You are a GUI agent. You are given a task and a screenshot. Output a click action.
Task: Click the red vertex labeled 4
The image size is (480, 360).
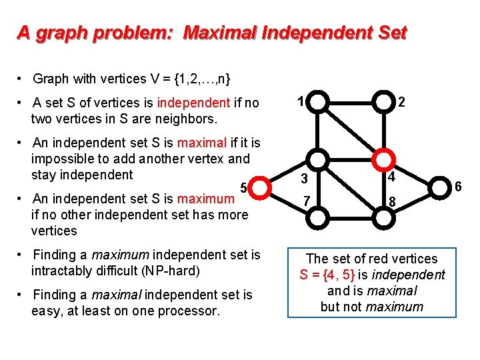coord(383,159)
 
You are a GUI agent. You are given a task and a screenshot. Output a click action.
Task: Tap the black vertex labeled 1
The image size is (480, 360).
coord(319,102)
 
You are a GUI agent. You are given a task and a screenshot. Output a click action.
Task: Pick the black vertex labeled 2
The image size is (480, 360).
coord(383,102)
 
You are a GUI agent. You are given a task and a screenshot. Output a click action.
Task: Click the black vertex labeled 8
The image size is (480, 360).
coord(383,217)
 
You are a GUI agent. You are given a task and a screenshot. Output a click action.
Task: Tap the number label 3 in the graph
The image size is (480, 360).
coord(303,179)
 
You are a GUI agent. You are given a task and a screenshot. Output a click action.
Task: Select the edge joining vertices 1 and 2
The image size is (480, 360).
coord(351,102)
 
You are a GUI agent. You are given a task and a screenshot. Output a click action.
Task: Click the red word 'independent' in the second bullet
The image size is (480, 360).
coord(193,103)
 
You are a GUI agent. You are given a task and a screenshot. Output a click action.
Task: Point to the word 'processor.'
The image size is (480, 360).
coord(189,311)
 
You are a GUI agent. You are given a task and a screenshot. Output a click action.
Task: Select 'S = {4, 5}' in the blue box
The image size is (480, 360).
coord(327,275)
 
